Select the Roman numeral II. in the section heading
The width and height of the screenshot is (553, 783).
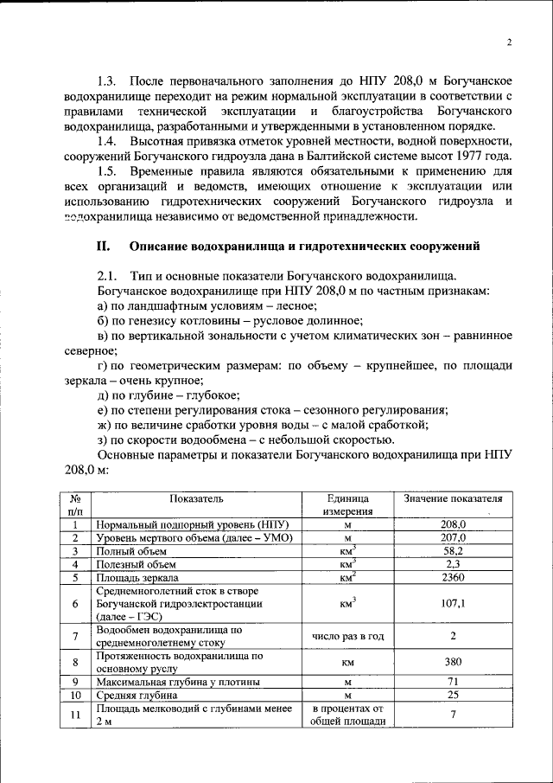(104, 247)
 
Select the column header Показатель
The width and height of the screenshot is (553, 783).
(196, 500)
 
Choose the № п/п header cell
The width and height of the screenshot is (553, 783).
(75, 506)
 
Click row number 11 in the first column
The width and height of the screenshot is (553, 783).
(75, 716)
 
